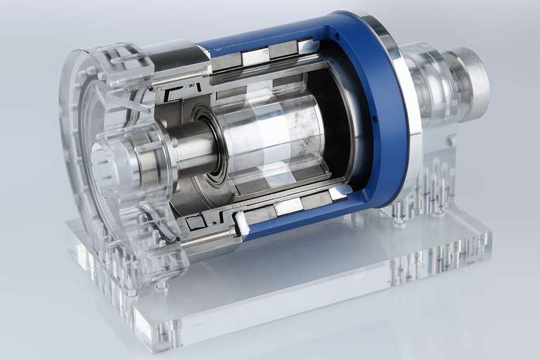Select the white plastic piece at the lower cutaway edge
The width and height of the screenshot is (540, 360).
click(241, 223)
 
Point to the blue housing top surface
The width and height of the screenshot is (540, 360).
click(281, 39)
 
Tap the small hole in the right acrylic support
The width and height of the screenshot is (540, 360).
click(451, 141)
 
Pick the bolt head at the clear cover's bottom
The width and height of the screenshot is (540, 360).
click(162, 284)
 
